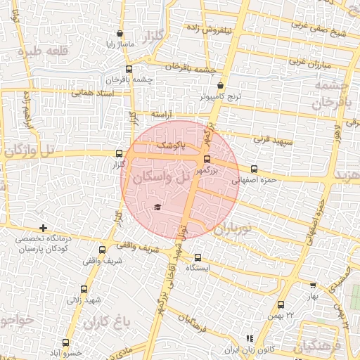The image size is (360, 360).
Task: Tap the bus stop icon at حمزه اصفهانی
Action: (x=254, y=169)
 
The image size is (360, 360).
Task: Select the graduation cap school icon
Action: (x=157, y=207)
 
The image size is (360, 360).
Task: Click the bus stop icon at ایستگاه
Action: (x=198, y=257)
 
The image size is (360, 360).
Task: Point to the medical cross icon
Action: (x=44, y=228)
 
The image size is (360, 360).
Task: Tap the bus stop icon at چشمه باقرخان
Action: (x=128, y=69)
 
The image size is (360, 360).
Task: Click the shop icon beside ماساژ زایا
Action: (x=120, y=33)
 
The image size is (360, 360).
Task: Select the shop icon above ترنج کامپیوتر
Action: (x=220, y=85)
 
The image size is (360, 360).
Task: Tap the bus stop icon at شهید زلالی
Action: (x=84, y=288)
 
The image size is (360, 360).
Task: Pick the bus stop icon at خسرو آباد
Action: (x=66, y=342)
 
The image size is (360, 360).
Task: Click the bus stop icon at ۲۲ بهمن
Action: (x=281, y=304)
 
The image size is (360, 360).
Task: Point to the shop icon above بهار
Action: (x=312, y=285)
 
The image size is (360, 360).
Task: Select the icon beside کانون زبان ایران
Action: (x=248, y=338)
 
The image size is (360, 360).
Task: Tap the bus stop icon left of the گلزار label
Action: (x=119, y=153)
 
